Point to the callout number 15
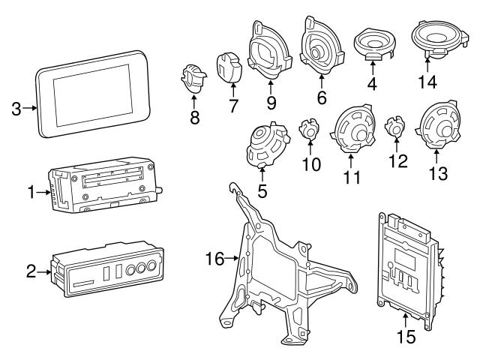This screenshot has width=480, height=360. click(405, 337)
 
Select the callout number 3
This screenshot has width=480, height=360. click(16, 109)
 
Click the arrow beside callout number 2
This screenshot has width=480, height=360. click(46, 271)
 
